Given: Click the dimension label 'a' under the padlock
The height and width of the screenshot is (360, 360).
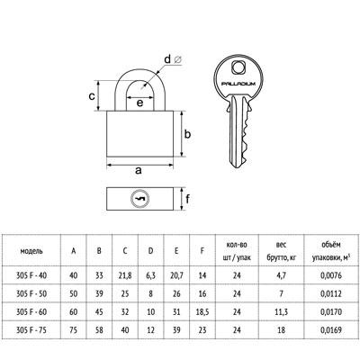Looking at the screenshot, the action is (x=139, y=171).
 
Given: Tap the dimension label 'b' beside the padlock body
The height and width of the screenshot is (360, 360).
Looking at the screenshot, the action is (x=187, y=134).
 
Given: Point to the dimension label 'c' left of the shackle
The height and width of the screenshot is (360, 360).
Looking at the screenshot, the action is (x=92, y=96).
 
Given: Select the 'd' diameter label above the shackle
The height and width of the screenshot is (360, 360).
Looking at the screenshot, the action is (x=167, y=59).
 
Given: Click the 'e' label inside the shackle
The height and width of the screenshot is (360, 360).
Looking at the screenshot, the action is (x=139, y=103).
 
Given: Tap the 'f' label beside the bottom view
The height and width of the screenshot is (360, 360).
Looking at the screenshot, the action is (x=187, y=198).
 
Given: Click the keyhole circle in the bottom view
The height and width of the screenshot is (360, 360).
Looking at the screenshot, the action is (x=139, y=199).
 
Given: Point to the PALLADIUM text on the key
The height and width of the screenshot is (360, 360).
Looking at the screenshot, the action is (x=238, y=84).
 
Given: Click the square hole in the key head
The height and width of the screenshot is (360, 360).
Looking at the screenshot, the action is (x=238, y=67).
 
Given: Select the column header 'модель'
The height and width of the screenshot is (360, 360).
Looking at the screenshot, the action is (x=31, y=251).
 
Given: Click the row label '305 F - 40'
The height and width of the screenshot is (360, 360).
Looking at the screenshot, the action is (x=31, y=275).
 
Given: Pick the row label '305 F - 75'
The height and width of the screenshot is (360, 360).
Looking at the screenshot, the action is (x=31, y=330).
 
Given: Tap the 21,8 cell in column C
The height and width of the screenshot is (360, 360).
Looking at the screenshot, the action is (x=125, y=275).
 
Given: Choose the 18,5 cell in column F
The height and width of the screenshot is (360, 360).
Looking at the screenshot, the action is (x=202, y=312).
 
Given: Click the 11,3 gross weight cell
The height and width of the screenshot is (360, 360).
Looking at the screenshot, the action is (x=281, y=312).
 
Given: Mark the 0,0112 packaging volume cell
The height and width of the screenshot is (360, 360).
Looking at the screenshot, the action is (x=331, y=293).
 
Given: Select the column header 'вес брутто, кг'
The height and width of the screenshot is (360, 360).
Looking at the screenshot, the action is (x=281, y=251).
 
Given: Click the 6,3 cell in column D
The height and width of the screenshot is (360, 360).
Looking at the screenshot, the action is (x=150, y=275).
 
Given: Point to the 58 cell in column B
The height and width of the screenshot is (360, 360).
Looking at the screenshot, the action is (x=99, y=330).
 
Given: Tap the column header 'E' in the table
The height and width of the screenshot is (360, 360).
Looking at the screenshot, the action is (x=176, y=251).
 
